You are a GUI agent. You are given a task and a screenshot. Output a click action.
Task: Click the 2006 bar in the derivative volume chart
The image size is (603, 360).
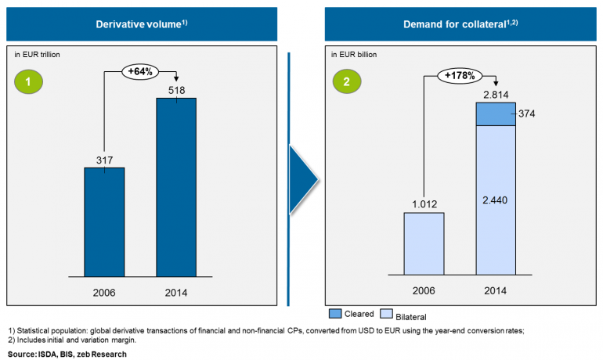pyautogui.click(x=104, y=221)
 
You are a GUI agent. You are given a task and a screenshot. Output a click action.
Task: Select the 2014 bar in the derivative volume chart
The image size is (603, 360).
pyautogui.click(x=176, y=186)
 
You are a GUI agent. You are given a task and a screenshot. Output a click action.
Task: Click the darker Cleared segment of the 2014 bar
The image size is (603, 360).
pyautogui.click(x=495, y=113)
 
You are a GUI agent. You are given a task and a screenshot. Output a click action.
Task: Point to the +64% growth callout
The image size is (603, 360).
pyautogui.click(x=140, y=72)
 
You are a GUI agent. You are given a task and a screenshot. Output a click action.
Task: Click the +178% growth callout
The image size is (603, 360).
pyautogui.click(x=460, y=75)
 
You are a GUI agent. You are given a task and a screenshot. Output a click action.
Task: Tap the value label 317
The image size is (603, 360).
pyautogui.click(x=104, y=160)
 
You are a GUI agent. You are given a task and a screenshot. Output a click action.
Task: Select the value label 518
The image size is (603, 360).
pyautogui.click(x=176, y=91)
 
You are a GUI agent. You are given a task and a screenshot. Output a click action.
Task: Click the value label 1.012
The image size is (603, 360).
pyautogui.click(x=424, y=205)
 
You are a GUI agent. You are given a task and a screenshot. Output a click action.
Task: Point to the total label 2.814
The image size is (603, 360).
pyautogui.click(x=495, y=95)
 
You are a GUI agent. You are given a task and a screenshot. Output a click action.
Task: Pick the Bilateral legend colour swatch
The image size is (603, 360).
pyautogui.click(x=386, y=313)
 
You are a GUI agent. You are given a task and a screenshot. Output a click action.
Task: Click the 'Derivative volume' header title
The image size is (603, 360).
pyautogui.click(x=141, y=23)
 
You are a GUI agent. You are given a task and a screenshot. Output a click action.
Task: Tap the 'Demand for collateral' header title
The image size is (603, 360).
pyautogui.click(x=460, y=23)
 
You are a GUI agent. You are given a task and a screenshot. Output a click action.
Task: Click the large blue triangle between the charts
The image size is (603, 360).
pyautogui.click(x=303, y=178)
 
